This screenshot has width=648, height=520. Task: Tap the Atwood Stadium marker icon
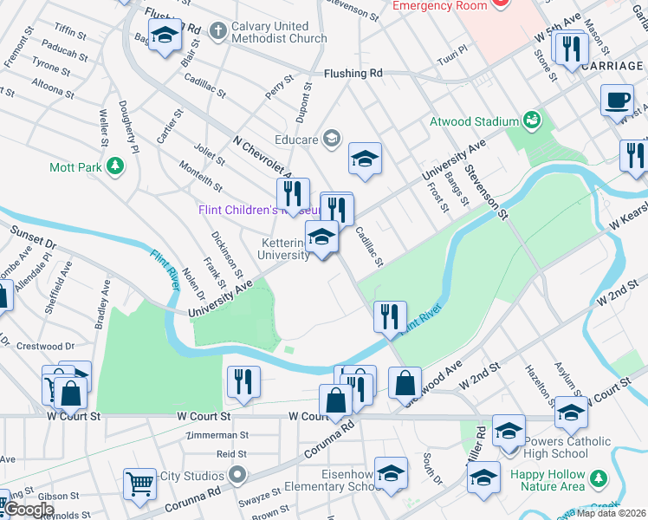pyautogui.click(x=532, y=121)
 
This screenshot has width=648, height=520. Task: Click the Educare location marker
pyautogui.click(x=330, y=138)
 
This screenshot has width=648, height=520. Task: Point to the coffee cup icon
pyautogui.click(x=616, y=101)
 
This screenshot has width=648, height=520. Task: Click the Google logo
pyautogui.click(x=29, y=510)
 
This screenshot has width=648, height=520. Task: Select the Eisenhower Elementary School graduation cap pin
pyautogui.click(x=392, y=472)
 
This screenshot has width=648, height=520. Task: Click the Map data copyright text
pyautogui.click(x=613, y=512)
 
